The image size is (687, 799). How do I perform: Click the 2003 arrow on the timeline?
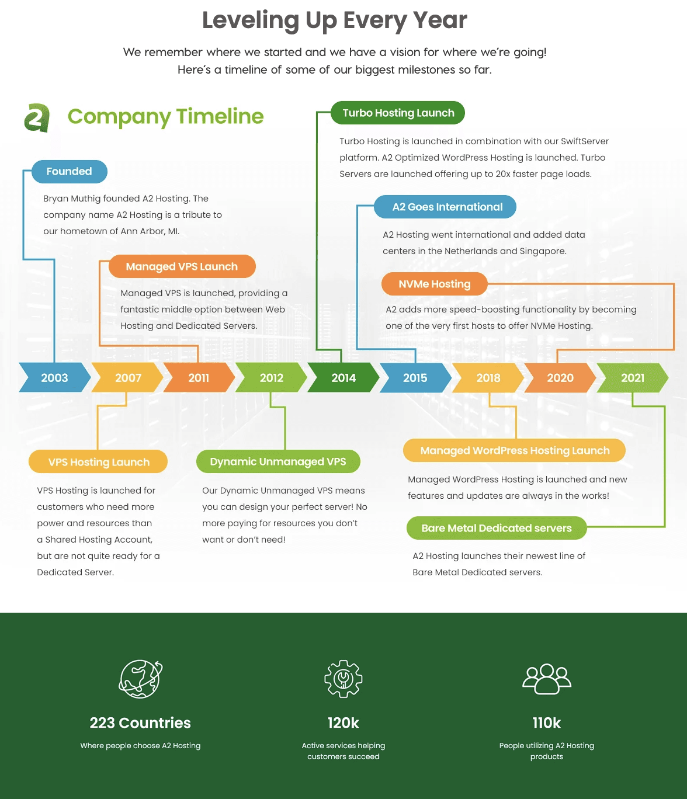(x=54, y=378)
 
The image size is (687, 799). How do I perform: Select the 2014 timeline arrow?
(x=343, y=378)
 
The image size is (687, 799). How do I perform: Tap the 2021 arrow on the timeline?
(x=633, y=378)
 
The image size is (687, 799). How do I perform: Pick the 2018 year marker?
(x=488, y=378)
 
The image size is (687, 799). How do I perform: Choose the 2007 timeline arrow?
(x=128, y=378)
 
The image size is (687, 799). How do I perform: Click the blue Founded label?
(x=69, y=171)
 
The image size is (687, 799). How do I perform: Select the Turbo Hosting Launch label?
(x=398, y=113)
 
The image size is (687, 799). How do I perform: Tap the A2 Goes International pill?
(x=447, y=207)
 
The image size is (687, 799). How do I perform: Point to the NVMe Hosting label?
(x=434, y=284)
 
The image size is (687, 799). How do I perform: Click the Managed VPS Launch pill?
(x=182, y=266)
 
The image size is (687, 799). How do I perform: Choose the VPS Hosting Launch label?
(x=99, y=462)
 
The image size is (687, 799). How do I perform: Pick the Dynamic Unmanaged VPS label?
(x=278, y=461)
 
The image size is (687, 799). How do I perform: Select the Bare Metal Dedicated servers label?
(x=497, y=528)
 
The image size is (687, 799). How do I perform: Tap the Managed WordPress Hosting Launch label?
(x=515, y=450)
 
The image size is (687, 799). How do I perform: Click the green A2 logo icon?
(x=37, y=117)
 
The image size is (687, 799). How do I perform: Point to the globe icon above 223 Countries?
(x=140, y=679)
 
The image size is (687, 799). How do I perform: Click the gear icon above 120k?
(x=343, y=679)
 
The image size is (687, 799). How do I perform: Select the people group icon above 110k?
(x=547, y=679)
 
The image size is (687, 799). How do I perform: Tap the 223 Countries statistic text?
(x=140, y=722)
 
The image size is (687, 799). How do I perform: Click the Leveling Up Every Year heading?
(x=335, y=20)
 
